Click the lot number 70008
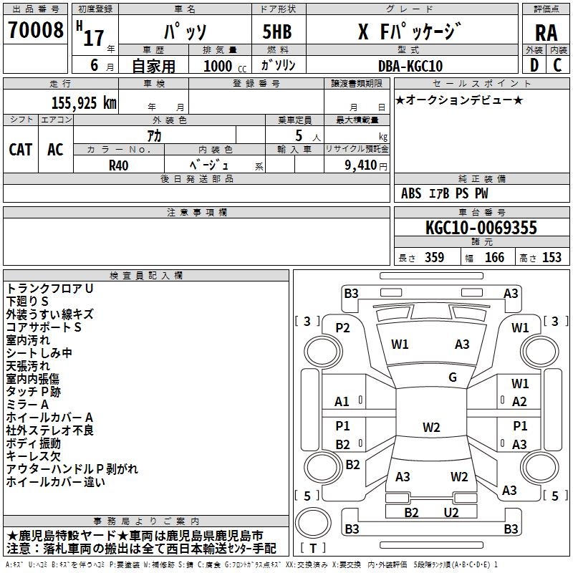(35, 32)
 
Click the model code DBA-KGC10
(410, 66)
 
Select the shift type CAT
(20, 150)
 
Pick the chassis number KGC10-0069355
(481, 228)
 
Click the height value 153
(552, 258)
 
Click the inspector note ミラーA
(28, 405)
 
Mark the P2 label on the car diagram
(342, 328)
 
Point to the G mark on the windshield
(452, 377)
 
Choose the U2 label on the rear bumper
(451, 512)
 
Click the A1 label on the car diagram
(342, 402)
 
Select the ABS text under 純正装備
(411, 193)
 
